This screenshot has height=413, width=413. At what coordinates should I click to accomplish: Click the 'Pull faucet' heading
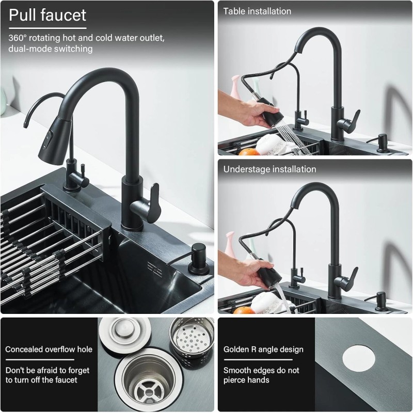47,15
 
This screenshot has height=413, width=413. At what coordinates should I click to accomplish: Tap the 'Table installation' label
257,11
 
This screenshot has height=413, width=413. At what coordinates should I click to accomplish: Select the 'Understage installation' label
269,169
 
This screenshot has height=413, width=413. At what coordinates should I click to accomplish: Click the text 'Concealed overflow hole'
49,350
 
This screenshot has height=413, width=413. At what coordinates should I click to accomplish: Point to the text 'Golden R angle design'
263,350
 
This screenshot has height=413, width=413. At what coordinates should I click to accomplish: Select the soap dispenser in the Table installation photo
383,143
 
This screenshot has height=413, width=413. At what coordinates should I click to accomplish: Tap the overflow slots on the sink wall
154,267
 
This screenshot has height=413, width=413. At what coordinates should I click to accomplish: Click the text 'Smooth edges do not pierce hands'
261,375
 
